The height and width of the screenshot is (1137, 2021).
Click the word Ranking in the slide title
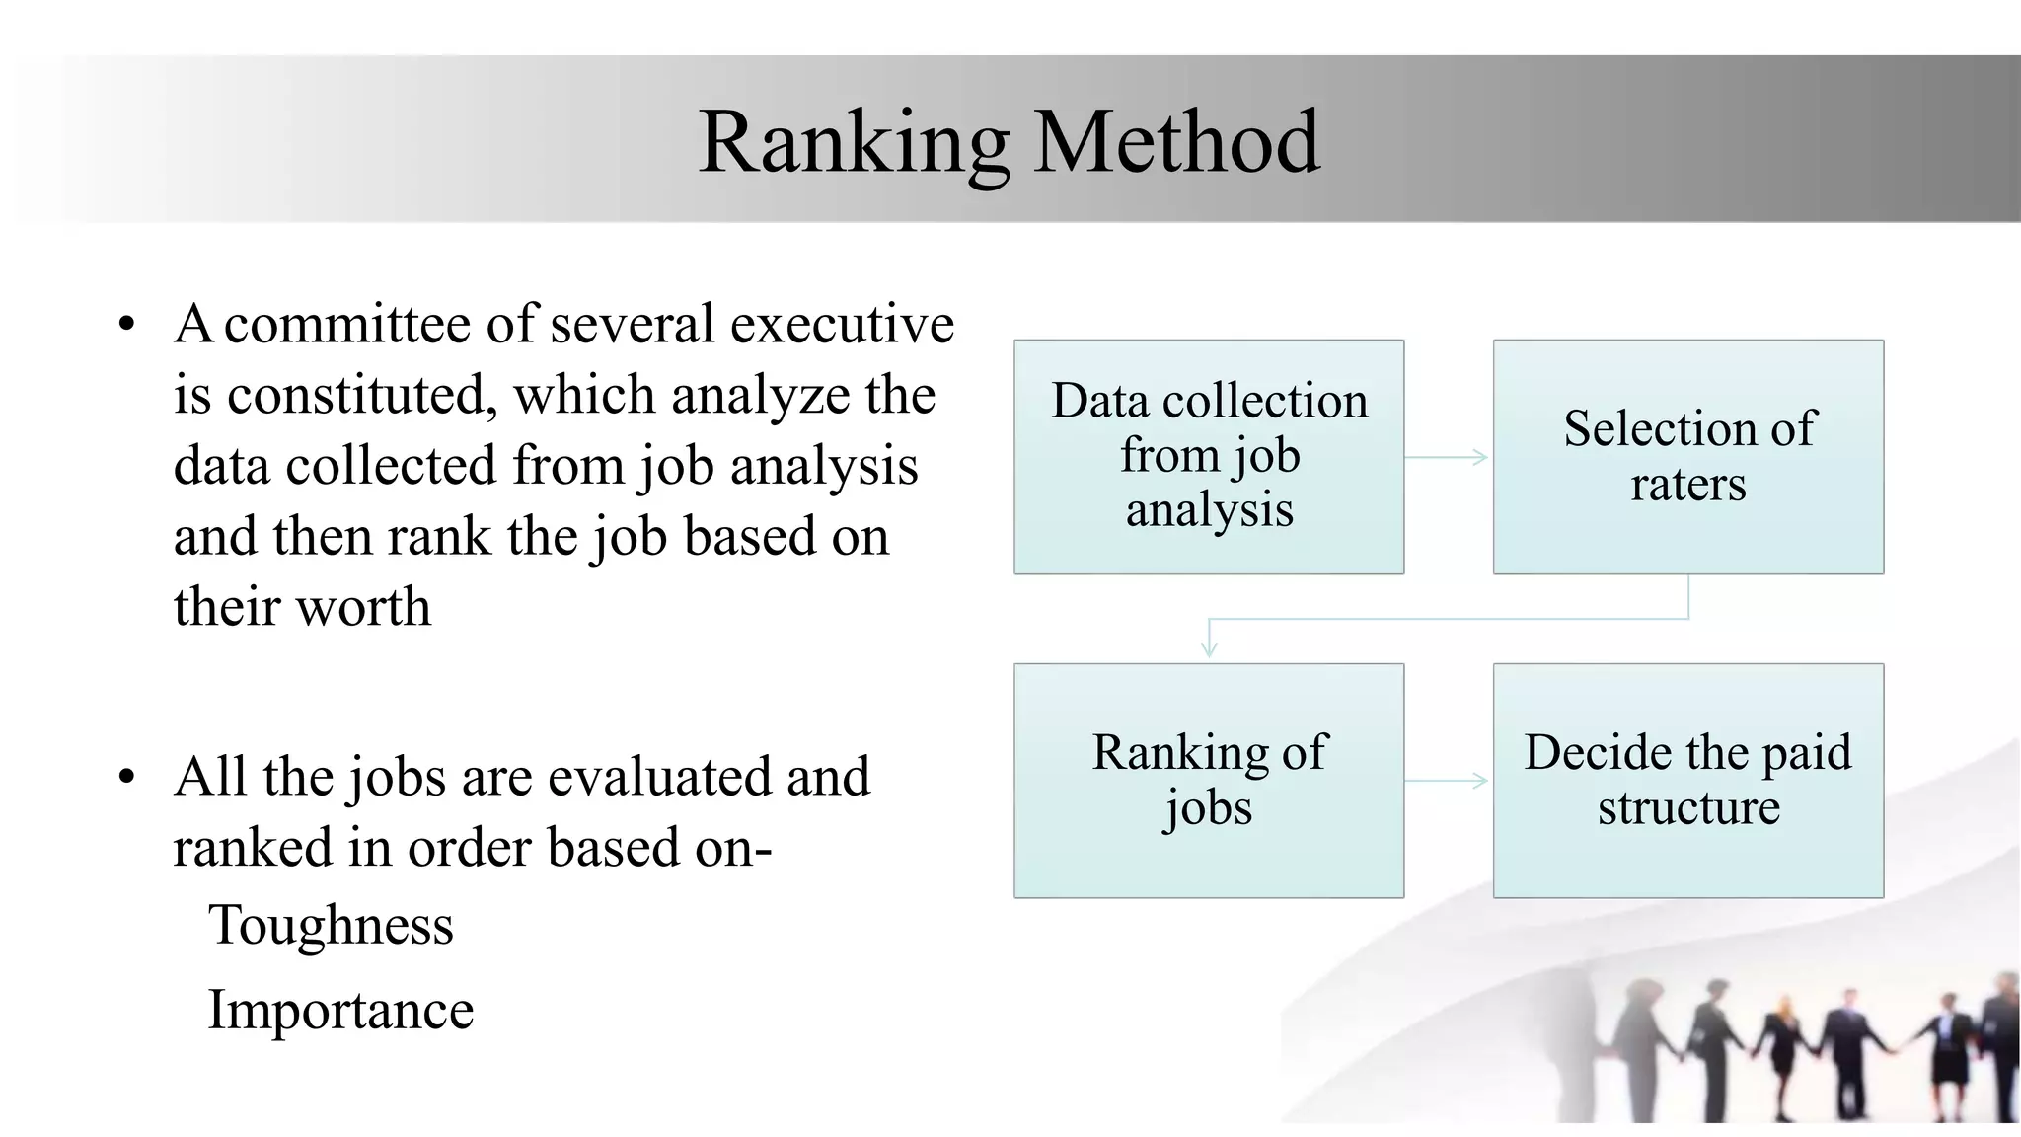pos(853,143)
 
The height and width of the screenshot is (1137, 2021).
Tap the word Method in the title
pos(1176,143)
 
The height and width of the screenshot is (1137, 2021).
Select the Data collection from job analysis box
pos(1209,456)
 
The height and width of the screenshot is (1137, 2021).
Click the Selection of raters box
pos(1687,456)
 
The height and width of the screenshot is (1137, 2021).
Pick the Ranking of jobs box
pos(1209,780)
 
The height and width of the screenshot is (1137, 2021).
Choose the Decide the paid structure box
pos(1687,780)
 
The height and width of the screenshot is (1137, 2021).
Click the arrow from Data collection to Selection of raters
pos(1447,457)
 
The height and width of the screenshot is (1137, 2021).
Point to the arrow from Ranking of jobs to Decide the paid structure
pos(1447,781)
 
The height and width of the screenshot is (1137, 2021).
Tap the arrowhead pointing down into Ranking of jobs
pos(1209,649)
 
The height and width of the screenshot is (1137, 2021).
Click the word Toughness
pos(331,926)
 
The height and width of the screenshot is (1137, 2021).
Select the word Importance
pos(340,1010)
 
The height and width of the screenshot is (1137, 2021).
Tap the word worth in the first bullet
pos(364,607)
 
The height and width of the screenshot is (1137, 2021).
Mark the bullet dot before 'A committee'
pos(125,325)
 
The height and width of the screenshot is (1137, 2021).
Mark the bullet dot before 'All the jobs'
pos(125,778)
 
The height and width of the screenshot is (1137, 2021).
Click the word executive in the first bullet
pos(842,324)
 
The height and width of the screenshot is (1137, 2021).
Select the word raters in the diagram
pos(1687,484)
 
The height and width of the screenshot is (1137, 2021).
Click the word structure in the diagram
pos(1688,807)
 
